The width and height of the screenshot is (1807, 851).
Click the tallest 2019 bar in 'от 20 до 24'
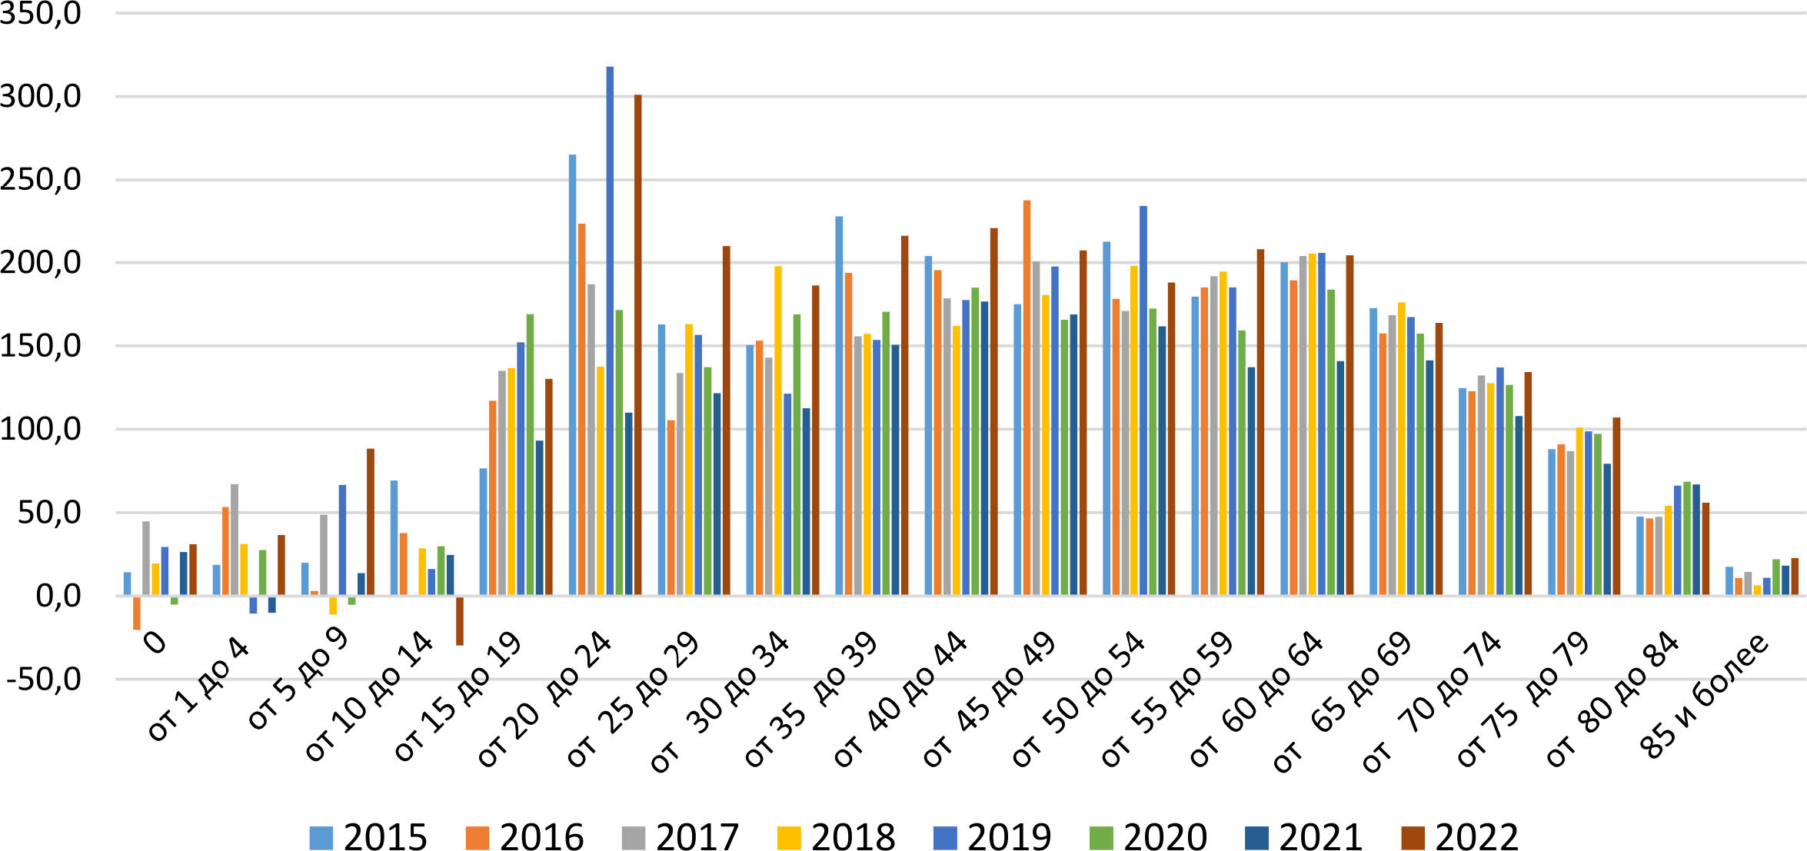tap(610, 331)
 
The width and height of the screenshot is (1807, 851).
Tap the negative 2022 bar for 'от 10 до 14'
tap(460, 620)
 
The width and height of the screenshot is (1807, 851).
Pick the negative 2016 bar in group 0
tap(137, 613)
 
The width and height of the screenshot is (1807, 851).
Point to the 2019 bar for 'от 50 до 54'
tap(1143, 400)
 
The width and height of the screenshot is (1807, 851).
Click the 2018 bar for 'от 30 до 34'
tap(778, 430)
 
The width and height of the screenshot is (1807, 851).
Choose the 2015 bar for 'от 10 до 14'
tap(394, 537)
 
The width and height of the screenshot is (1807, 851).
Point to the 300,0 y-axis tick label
tap(40, 97)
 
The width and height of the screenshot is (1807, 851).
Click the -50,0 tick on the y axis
tap(43, 680)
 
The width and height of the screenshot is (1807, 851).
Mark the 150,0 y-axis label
tap(40, 347)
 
